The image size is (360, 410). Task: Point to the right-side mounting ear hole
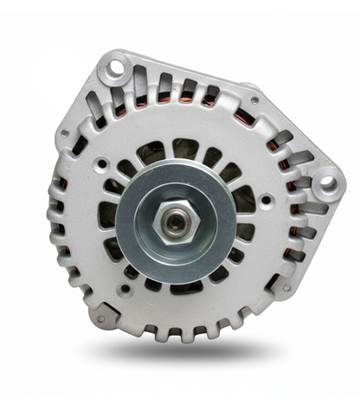[326, 183]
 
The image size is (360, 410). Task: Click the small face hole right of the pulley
[264, 200]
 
